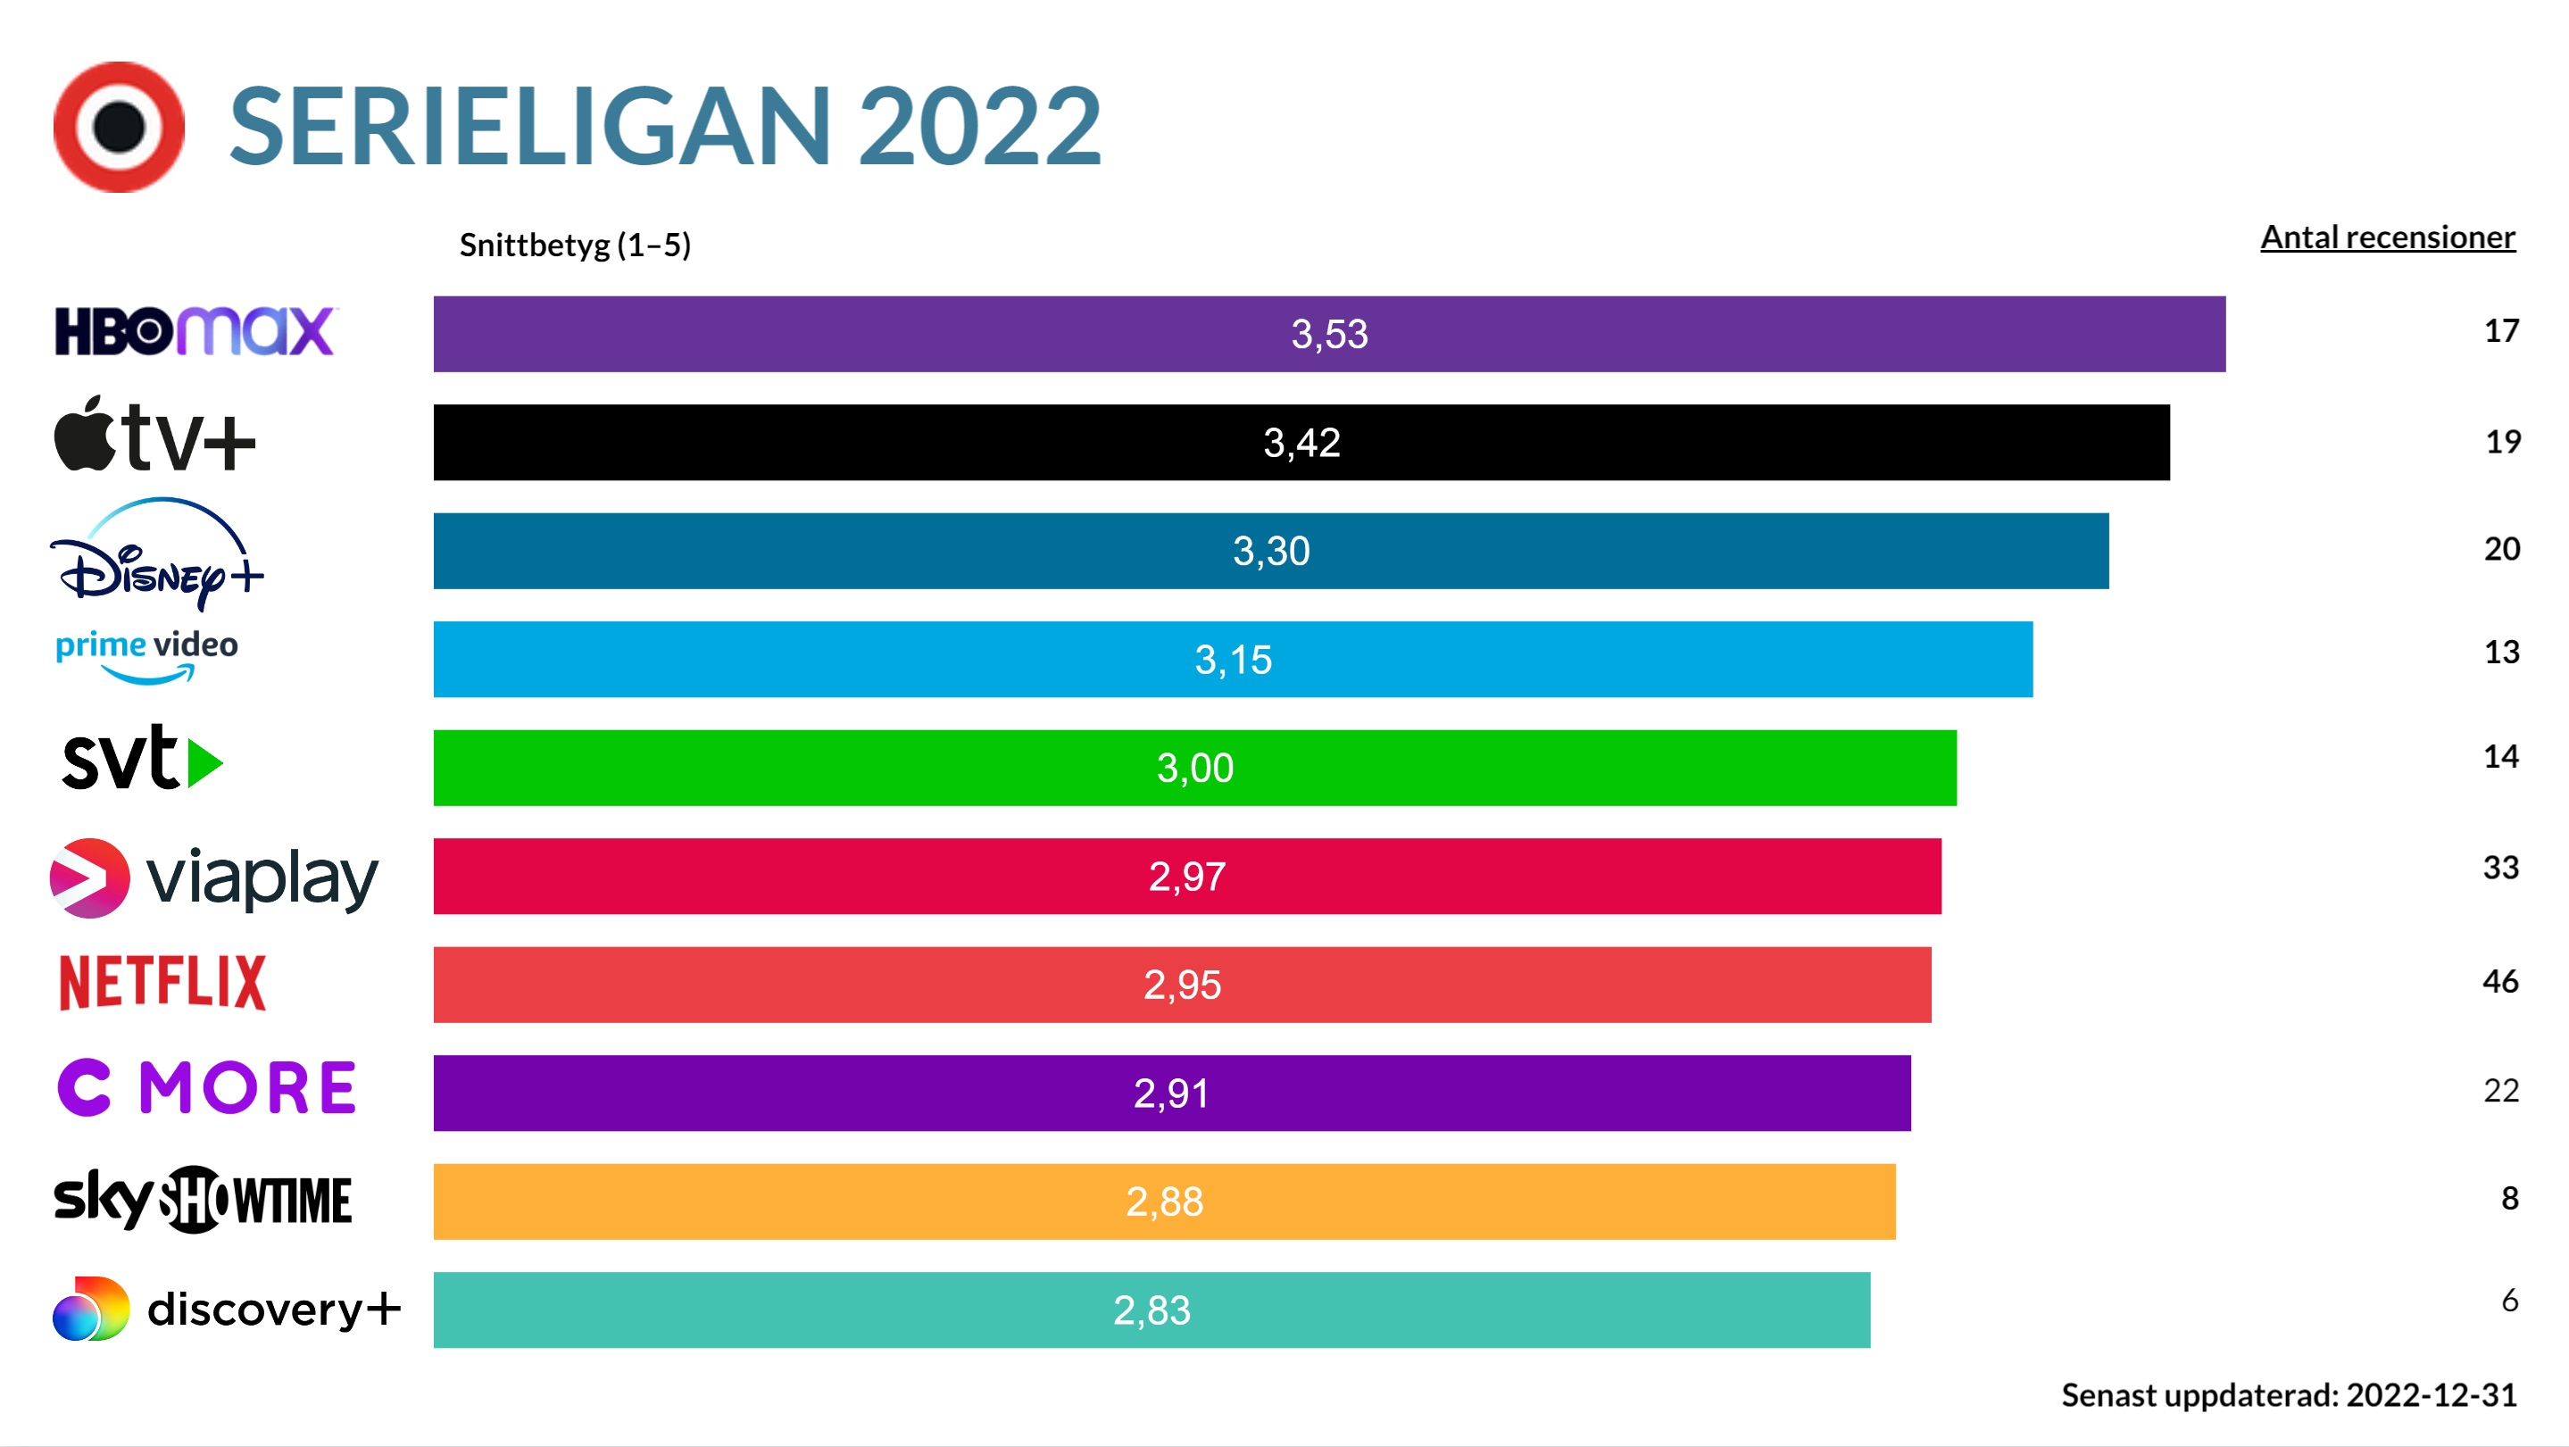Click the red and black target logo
119,127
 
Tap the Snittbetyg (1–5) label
575,245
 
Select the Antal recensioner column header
2387,237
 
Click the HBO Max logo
195,331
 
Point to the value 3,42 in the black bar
1301,443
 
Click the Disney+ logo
156,554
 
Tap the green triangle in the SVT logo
204,763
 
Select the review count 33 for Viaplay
2500,867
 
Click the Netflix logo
162,982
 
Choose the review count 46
2499,981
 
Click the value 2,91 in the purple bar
1171,1093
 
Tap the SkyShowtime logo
203,1199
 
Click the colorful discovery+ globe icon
91,1309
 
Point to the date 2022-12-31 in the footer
2431,1394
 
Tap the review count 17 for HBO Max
2500,331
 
